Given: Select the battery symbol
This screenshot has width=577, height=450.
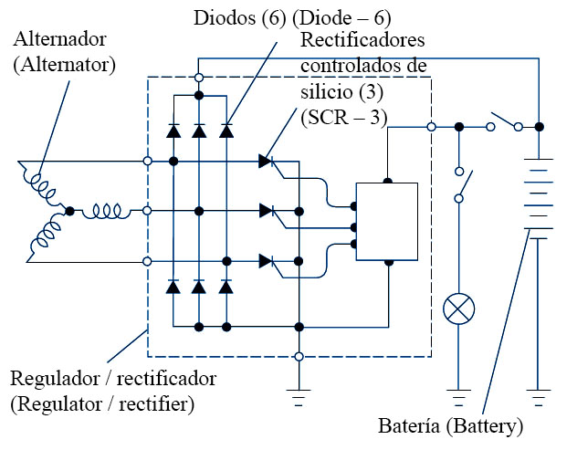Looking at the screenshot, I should (540, 196).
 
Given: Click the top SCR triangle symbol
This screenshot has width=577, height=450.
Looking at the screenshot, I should (266, 162).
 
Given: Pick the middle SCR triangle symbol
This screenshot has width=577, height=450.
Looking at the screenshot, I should (266, 211).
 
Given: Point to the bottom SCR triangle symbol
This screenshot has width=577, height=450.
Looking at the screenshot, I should (266, 261).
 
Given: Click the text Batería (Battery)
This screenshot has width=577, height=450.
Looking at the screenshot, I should (451, 426).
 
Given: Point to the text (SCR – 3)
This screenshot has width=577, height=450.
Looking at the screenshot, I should (343, 117).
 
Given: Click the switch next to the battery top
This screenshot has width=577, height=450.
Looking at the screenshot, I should (504, 120).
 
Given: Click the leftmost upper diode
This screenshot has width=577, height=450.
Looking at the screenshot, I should (173, 131).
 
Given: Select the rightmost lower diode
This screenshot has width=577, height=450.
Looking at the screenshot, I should (226, 287).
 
